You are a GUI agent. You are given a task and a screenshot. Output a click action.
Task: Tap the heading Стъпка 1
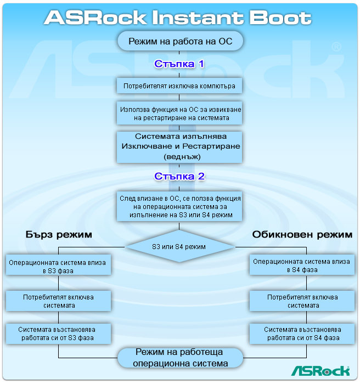[x=179, y=64]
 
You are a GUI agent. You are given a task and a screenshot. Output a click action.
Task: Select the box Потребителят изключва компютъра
[x=179, y=86]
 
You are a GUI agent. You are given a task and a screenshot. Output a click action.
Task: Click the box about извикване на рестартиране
[x=180, y=114]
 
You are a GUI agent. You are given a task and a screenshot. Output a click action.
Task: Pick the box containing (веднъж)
[x=180, y=146]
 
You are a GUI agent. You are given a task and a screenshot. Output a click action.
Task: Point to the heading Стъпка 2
[x=179, y=176]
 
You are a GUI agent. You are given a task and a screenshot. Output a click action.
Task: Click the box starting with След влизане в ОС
[x=180, y=206]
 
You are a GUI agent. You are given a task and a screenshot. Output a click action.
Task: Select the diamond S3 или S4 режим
[x=179, y=246]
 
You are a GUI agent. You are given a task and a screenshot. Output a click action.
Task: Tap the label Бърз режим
[x=59, y=234]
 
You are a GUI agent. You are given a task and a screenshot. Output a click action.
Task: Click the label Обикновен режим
[x=302, y=234]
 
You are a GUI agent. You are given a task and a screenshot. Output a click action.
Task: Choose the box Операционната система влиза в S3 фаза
[x=58, y=266]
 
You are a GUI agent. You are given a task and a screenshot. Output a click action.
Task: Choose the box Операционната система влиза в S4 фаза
[x=301, y=266]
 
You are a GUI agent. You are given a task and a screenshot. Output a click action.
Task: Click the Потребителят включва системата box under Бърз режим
[x=58, y=301]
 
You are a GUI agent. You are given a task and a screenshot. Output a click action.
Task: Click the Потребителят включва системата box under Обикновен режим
[x=301, y=301]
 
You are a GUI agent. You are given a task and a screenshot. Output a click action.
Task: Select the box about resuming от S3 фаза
[x=58, y=334]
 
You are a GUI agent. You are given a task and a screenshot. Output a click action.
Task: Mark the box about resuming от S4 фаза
[x=301, y=334]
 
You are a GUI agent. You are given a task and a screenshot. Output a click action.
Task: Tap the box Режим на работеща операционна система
[x=181, y=358]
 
